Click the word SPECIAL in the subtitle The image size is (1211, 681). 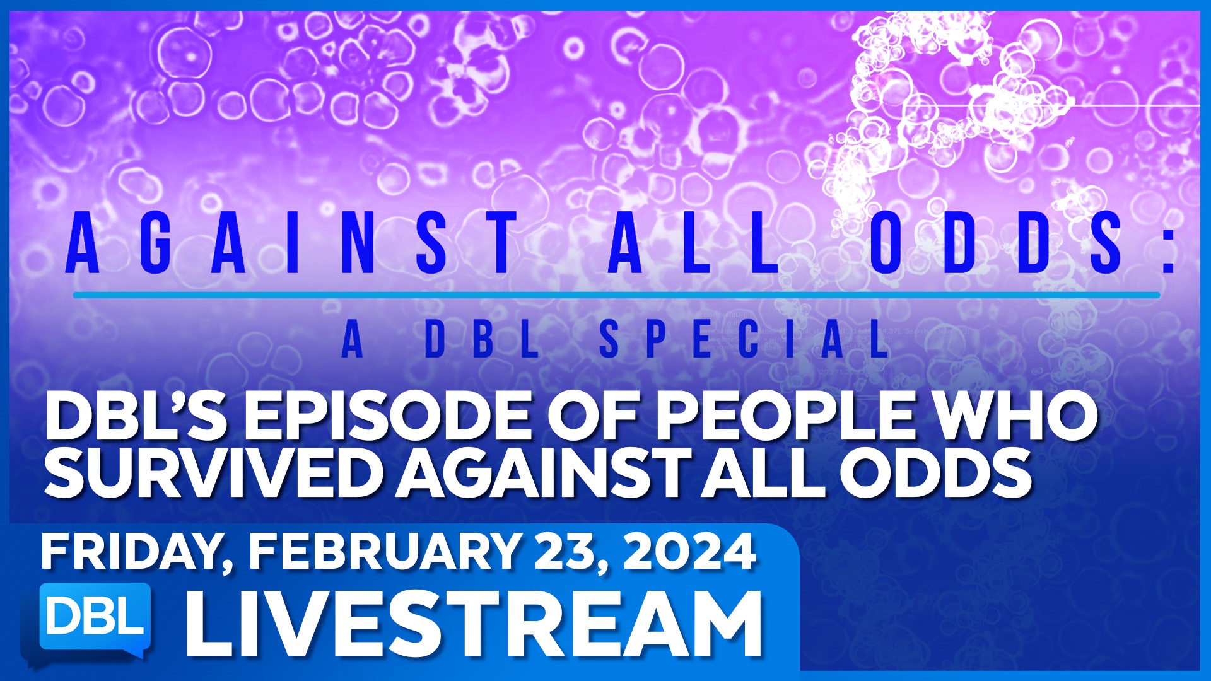(744, 339)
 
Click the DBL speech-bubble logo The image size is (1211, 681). (95, 621)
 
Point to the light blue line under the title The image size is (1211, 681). (616, 295)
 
